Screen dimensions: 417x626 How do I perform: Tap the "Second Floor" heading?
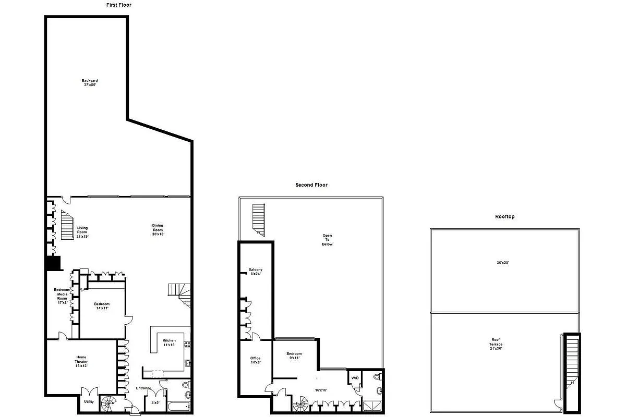pos(311,185)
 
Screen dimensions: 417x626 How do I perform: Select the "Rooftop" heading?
pos(504,216)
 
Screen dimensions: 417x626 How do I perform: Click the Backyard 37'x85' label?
pos(89,82)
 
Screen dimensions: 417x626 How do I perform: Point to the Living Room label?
pos(82,232)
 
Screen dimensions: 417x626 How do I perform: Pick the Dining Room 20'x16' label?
pos(158,230)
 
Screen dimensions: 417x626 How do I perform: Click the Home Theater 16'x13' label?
pos(81,361)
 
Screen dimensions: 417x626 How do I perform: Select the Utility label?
pos(89,401)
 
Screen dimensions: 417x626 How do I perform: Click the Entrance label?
pos(143,388)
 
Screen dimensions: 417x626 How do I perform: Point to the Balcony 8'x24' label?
pos(255,272)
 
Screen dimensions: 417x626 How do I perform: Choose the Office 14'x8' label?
pos(255,360)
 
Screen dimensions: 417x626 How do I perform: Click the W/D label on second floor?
pos(355,378)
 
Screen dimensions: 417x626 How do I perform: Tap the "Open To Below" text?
pos(327,240)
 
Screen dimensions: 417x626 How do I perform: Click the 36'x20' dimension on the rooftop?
pos(502,263)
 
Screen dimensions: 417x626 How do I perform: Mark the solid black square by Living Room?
pos(53,263)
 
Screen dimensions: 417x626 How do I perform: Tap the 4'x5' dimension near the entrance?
pos(155,402)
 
